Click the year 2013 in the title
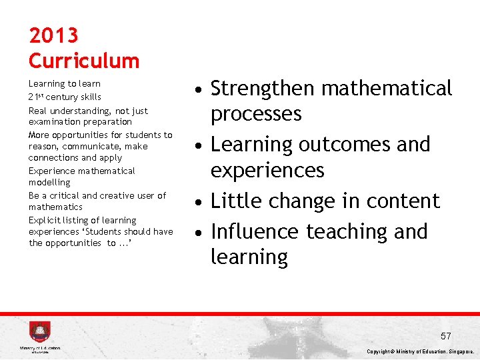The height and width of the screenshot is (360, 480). [53, 35]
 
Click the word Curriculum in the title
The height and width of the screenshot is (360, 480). [84, 61]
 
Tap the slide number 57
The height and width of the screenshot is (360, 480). [445, 336]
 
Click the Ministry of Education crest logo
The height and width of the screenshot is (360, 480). [39, 332]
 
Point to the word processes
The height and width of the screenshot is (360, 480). [256, 114]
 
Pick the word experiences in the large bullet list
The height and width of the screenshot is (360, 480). [267, 171]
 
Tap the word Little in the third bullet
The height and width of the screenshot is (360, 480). [234, 201]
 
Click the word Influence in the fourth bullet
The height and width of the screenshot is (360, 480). [255, 231]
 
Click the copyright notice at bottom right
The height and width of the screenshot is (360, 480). [420, 351]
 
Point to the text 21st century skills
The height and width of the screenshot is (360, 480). [65, 97]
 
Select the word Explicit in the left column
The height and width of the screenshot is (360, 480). [44, 220]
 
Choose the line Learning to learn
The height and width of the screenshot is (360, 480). [65, 84]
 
